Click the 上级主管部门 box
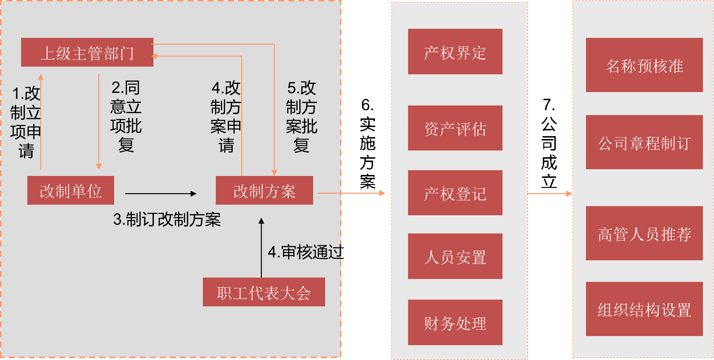point(87,53)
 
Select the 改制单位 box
point(70,191)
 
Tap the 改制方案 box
point(264,191)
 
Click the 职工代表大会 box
point(264,292)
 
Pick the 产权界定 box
point(455,52)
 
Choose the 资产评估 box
point(455,128)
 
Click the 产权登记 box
point(455,193)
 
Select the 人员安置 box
point(455,256)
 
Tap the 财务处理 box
point(455,323)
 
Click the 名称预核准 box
point(644,65)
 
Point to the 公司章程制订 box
point(644,142)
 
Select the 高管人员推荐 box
point(644,233)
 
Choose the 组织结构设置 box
point(644,309)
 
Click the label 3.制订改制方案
point(167,219)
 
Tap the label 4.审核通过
point(304,253)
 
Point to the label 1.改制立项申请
point(26,122)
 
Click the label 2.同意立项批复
point(126,116)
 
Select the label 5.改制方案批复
point(301,116)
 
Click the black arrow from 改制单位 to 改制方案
point(161,194)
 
